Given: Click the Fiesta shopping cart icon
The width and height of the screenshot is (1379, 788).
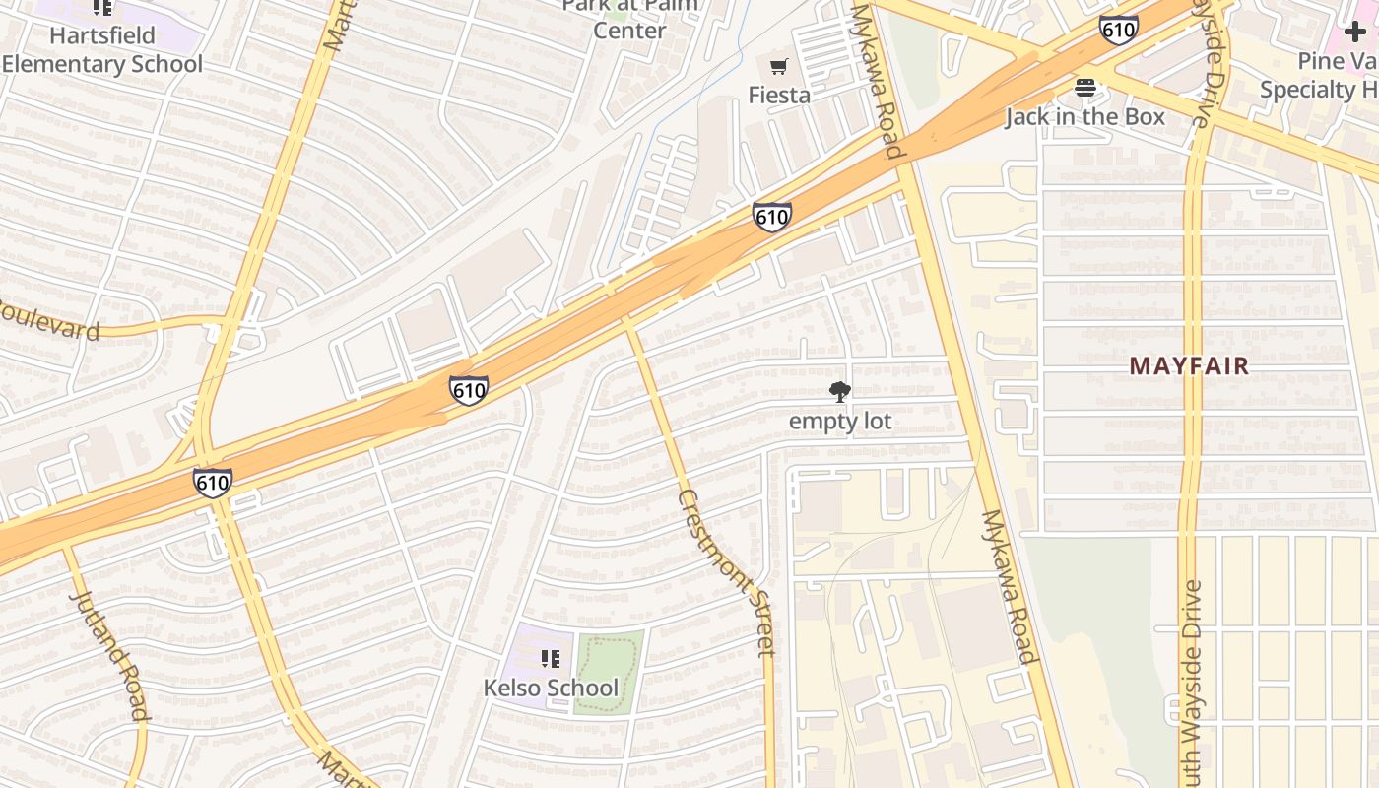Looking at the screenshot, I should click(x=779, y=67).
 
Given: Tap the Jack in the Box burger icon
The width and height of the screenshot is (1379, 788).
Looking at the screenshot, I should click(x=1085, y=88).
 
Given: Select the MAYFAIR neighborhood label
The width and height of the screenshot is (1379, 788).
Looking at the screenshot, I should click(x=1189, y=366).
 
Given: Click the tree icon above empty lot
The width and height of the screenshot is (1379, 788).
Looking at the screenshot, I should click(x=840, y=392).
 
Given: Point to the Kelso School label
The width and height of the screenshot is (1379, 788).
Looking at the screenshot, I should click(x=551, y=688).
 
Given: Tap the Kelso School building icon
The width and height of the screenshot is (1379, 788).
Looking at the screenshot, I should click(x=551, y=658).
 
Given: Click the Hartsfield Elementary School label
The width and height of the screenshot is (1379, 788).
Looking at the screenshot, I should click(x=101, y=50).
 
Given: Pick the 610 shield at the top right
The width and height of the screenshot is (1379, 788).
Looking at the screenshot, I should click(x=1119, y=30).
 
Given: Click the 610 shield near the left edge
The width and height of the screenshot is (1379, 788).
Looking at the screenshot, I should click(x=213, y=483).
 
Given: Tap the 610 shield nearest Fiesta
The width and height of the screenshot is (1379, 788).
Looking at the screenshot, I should click(x=771, y=217).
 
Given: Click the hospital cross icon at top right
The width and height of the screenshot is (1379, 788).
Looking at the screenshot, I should click(x=1355, y=32).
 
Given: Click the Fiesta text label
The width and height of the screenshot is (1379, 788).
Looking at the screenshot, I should click(x=779, y=96).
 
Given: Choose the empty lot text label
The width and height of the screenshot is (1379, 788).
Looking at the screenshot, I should click(x=840, y=422).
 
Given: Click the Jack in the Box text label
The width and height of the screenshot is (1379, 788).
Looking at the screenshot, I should click(x=1084, y=117).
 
